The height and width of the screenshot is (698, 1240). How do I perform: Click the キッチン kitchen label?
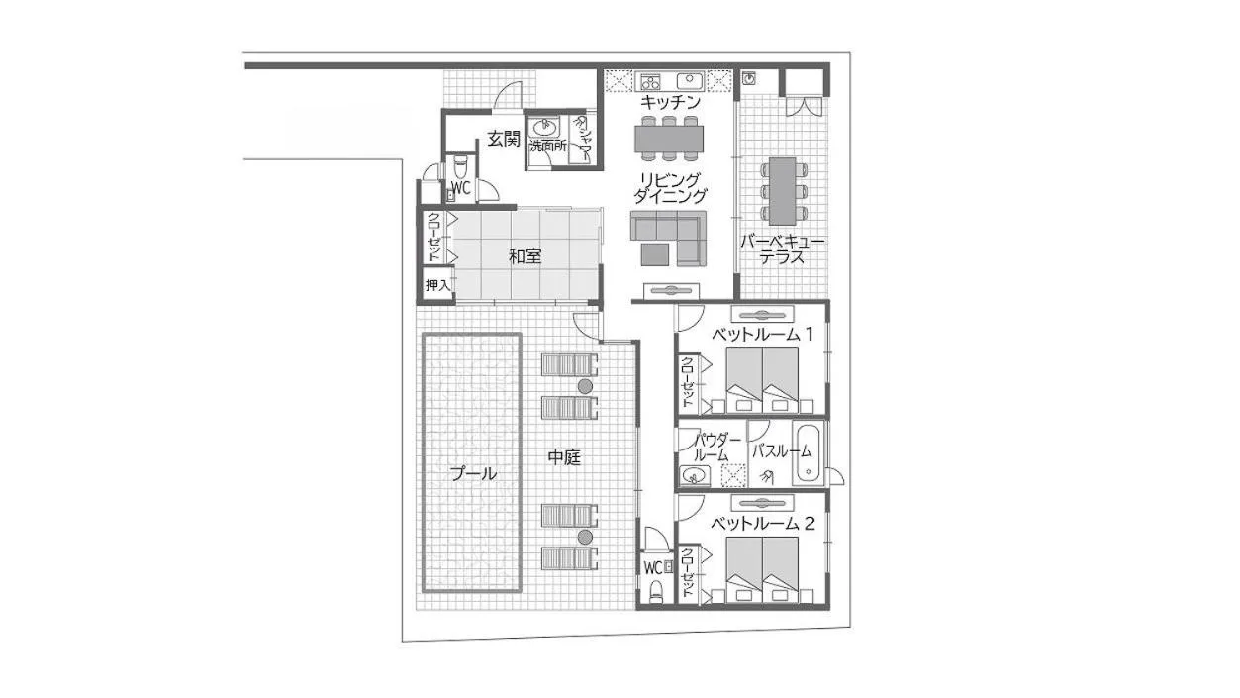pos(670,102)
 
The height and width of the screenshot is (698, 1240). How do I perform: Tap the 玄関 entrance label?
pos(503,140)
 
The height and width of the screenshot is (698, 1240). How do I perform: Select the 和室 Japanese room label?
pos(525,256)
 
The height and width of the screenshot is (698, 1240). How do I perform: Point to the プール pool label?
pos(473,474)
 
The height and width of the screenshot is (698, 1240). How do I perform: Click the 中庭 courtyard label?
pos(564,457)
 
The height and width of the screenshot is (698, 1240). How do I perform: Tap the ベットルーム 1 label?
pos(762,335)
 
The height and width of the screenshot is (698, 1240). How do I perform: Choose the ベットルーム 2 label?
pos(762,524)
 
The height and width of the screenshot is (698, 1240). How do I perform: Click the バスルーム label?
pos(781,451)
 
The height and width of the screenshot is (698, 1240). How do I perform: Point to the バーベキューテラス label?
pos(782,249)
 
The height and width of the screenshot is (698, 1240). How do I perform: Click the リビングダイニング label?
pos(671,187)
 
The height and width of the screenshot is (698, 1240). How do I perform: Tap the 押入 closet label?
pos(436,285)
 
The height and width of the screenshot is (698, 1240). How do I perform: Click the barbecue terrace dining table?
pos(783,190)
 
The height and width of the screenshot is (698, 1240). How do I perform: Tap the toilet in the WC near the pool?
pos(656,591)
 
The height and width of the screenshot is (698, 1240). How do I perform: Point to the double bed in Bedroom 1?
pos(761,380)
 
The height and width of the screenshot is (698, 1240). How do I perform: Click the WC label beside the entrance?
pos(460,187)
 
